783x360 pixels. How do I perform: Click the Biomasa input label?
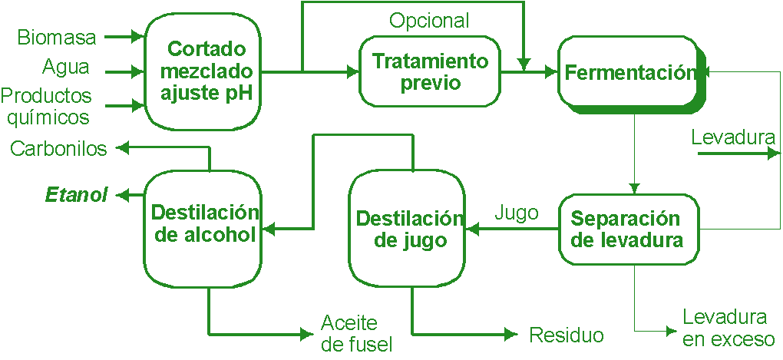click(57, 37)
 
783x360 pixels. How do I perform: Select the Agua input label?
click(65, 68)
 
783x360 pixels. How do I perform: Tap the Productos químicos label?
click(46, 107)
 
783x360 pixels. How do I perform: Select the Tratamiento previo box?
click(430, 71)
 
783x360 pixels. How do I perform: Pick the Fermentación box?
click(629, 73)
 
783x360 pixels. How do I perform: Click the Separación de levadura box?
click(628, 230)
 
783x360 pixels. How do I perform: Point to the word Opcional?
click(429, 20)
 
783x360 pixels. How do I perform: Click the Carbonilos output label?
click(58, 149)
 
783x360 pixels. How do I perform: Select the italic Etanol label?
click(76, 195)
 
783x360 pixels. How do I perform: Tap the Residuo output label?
click(566, 335)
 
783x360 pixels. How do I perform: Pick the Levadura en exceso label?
click(727, 329)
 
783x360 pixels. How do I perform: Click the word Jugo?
click(516, 213)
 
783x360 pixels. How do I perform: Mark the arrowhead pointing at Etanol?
click(121, 196)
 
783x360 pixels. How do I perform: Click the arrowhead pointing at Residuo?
click(510, 334)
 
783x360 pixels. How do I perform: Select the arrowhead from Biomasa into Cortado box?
click(138, 36)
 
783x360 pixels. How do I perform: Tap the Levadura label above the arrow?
click(732, 138)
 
